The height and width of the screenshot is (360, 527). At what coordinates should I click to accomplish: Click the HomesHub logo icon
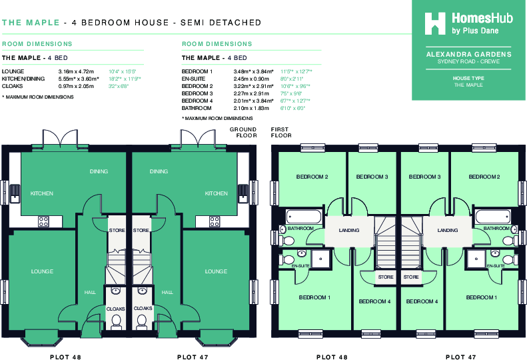click(436, 23)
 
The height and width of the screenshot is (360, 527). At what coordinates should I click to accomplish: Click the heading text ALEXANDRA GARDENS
click(468, 54)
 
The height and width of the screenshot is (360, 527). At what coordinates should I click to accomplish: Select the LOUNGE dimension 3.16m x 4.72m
click(76, 71)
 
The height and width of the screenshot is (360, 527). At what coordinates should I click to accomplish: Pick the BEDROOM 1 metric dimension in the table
click(254, 71)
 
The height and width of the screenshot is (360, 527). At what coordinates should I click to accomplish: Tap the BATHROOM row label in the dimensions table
click(197, 108)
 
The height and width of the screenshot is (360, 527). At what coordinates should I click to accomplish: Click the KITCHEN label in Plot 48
click(42, 193)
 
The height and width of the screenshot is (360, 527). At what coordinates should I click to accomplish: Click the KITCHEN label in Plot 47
click(217, 193)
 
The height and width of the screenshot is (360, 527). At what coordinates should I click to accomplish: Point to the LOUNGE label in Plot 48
click(42, 271)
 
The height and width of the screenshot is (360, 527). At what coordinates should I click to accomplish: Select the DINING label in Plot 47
click(159, 171)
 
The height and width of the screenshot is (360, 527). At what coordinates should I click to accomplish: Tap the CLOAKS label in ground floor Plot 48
click(116, 309)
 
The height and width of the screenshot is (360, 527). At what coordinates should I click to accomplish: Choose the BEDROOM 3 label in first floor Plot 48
click(372, 177)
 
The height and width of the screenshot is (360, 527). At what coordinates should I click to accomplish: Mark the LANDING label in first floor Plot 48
click(348, 230)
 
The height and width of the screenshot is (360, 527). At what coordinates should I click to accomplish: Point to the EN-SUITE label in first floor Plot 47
click(495, 265)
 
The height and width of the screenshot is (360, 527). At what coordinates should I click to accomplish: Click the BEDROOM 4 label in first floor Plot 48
click(374, 301)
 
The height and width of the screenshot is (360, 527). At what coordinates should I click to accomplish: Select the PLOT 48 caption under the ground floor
click(66, 357)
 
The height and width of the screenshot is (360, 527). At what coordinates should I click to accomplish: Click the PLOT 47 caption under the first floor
click(460, 357)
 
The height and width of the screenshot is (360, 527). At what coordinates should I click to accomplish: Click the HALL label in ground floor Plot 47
click(167, 291)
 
